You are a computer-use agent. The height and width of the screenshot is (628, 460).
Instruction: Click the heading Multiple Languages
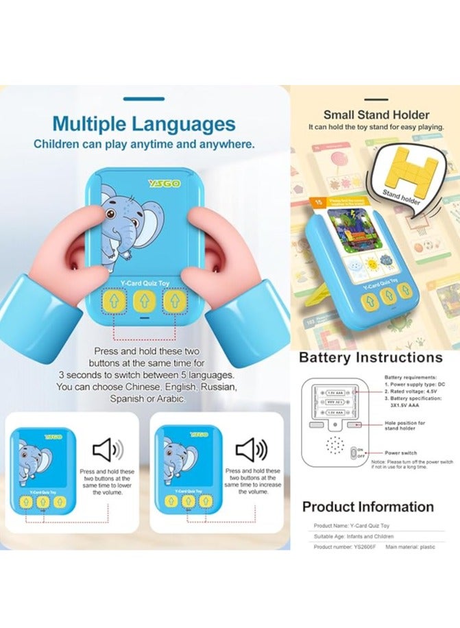[144, 124]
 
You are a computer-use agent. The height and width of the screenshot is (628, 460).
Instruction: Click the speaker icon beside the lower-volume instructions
[108, 450]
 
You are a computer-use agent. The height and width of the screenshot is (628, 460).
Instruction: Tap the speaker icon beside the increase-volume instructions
[250, 450]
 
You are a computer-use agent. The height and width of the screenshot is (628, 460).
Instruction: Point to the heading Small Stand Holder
[376, 114]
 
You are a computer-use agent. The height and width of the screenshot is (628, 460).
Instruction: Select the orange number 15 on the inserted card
[318, 203]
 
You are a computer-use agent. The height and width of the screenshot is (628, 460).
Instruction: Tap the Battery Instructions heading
[370, 357]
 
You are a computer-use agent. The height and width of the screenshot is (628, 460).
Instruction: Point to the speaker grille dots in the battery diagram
[334, 445]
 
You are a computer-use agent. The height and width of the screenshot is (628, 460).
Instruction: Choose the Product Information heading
[367, 507]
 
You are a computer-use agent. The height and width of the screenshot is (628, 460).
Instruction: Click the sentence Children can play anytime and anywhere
[144, 145]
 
